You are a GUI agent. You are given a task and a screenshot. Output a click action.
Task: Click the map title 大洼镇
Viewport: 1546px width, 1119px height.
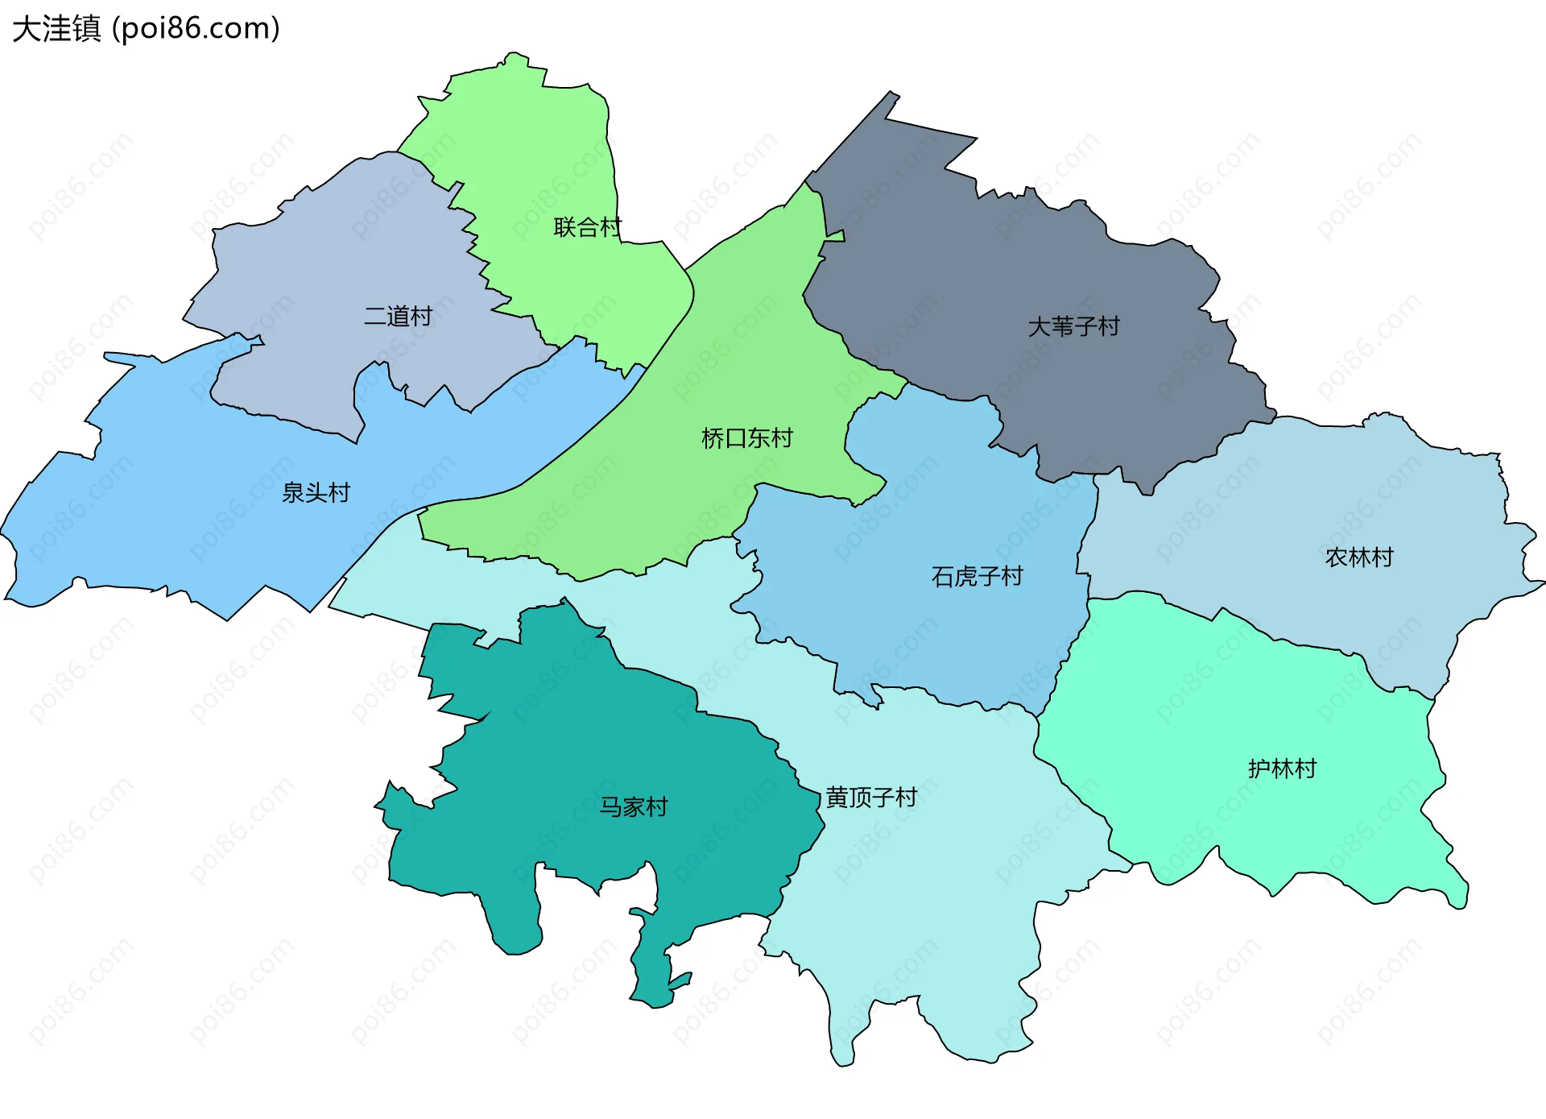pos(56,29)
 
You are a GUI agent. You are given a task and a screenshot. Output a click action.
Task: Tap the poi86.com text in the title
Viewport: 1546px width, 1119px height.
pos(196,29)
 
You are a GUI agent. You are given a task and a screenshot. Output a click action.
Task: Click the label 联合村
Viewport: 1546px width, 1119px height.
pos(588,227)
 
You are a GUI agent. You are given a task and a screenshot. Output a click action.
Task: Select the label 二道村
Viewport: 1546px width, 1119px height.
pos(398,316)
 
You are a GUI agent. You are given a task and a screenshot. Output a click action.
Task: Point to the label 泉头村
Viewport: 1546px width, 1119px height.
pos(316,492)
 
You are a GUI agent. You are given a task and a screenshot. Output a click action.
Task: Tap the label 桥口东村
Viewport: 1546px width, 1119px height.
pos(747,438)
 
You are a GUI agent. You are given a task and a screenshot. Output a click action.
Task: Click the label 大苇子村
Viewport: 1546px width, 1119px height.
pos(1073,327)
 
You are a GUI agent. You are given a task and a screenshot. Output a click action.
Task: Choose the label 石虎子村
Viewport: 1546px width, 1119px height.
pos(977,577)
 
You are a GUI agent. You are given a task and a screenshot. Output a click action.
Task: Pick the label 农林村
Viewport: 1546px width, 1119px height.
pos(1359,557)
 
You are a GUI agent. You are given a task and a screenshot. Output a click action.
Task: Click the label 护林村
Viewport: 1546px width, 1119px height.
pos(1282,769)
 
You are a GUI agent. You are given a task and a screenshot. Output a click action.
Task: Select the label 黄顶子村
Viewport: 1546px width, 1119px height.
pos(871,798)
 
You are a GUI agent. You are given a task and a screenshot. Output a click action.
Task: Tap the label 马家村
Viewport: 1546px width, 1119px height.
pos(634,806)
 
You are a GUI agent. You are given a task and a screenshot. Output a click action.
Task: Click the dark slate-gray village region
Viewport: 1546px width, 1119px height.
pos(1007,266)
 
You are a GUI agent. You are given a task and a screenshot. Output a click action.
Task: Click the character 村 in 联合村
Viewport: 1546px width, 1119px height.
pos(611,227)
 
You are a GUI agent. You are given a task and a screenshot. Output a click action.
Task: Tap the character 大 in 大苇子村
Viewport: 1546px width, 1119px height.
pos(1039,327)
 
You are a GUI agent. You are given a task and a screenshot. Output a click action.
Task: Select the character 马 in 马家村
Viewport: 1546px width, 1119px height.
pos(610,806)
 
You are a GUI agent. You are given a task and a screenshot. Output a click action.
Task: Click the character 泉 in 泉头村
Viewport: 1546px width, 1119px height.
pos(292,492)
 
